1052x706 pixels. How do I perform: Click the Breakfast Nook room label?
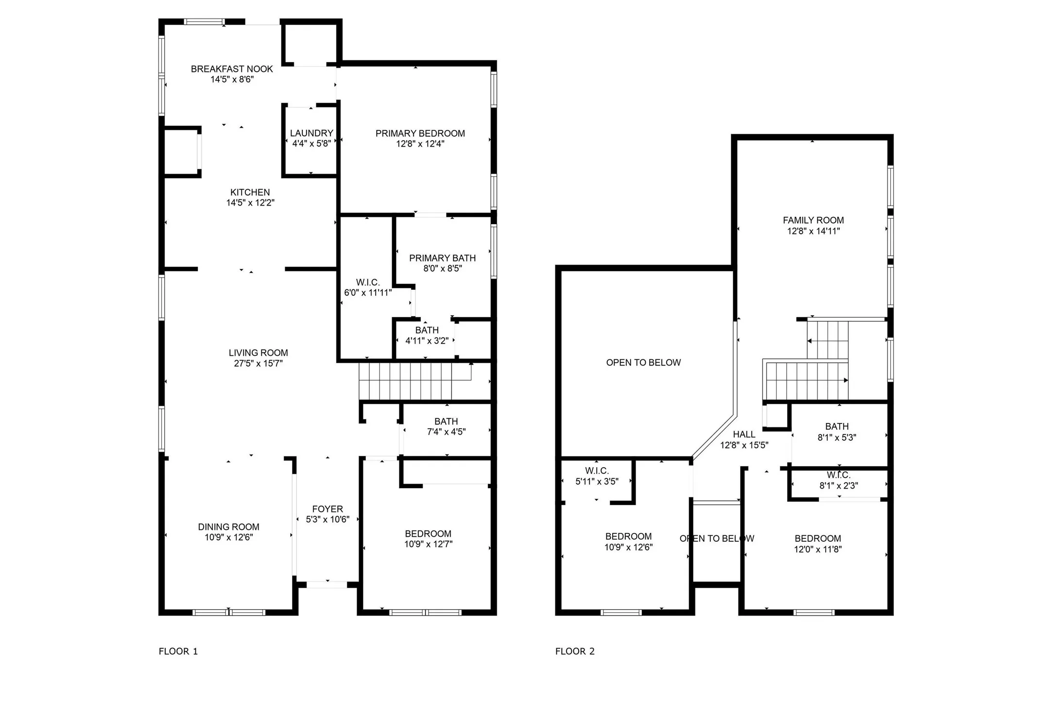(x=232, y=69)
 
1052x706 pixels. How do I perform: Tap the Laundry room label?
(x=311, y=133)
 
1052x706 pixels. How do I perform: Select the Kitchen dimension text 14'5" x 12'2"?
(x=250, y=203)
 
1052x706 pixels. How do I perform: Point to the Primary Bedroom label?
(x=420, y=133)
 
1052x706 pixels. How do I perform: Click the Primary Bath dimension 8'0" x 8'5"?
(x=442, y=268)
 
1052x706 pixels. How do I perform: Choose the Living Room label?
(x=259, y=353)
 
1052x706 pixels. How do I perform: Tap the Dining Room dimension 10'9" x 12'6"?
(x=229, y=537)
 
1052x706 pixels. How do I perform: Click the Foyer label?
(x=328, y=509)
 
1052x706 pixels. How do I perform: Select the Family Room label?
(x=813, y=220)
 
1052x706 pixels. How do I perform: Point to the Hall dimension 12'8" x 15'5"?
(x=744, y=445)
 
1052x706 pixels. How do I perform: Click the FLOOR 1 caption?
(x=178, y=651)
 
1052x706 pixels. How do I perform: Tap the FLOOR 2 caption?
(x=575, y=651)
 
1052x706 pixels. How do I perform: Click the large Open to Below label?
(x=643, y=363)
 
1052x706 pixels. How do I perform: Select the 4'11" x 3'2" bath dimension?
(x=427, y=341)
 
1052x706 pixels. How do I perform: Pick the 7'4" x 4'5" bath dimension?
(x=446, y=432)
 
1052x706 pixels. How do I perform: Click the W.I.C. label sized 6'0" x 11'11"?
(x=368, y=282)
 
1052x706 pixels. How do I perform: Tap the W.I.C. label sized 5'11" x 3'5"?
(x=597, y=471)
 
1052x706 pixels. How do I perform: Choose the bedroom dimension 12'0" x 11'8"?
(x=818, y=549)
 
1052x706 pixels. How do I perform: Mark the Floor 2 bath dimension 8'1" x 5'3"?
(x=837, y=438)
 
